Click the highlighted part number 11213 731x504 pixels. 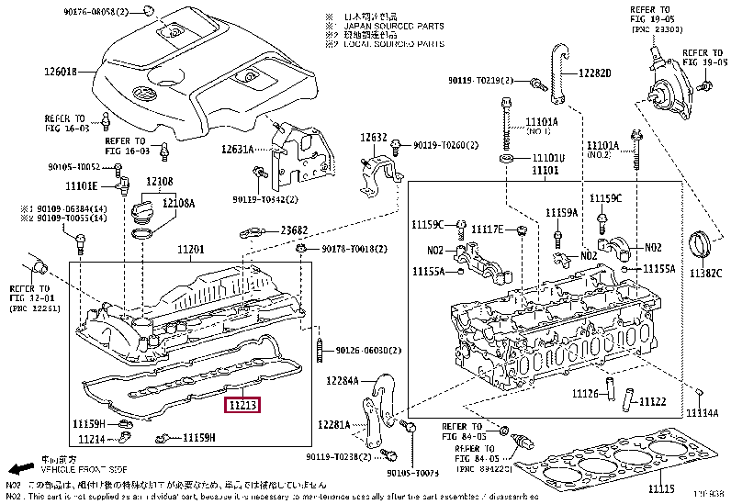pyautogui.click(x=244, y=404)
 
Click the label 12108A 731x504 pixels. pyautogui.click(x=181, y=203)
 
